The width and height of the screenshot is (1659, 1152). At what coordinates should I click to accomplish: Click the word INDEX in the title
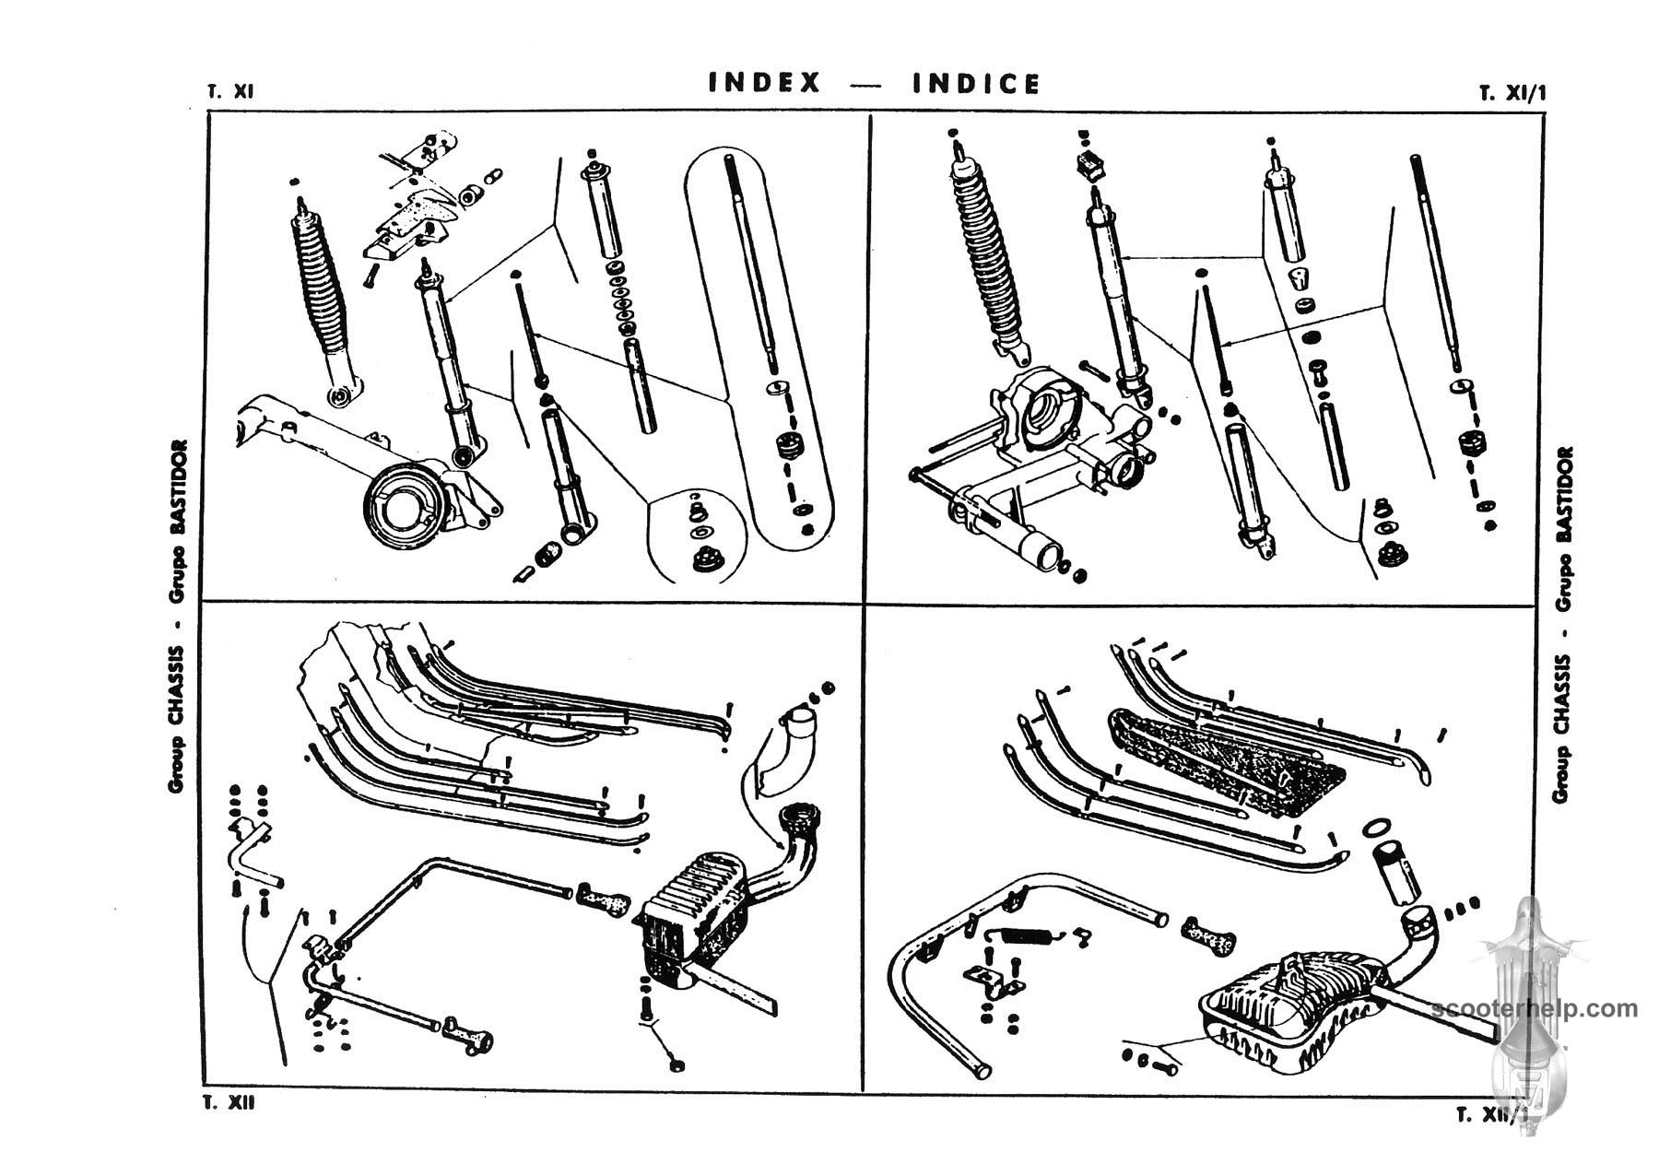(x=764, y=83)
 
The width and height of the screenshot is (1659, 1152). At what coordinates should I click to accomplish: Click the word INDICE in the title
(x=976, y=84)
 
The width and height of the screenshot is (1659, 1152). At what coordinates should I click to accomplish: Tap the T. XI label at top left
(x=230, y=92)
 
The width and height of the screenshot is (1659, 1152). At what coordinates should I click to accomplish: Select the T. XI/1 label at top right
(x=1512, y=93)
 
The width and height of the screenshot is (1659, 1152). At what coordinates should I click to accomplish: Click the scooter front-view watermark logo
(x=1525, y=995)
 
